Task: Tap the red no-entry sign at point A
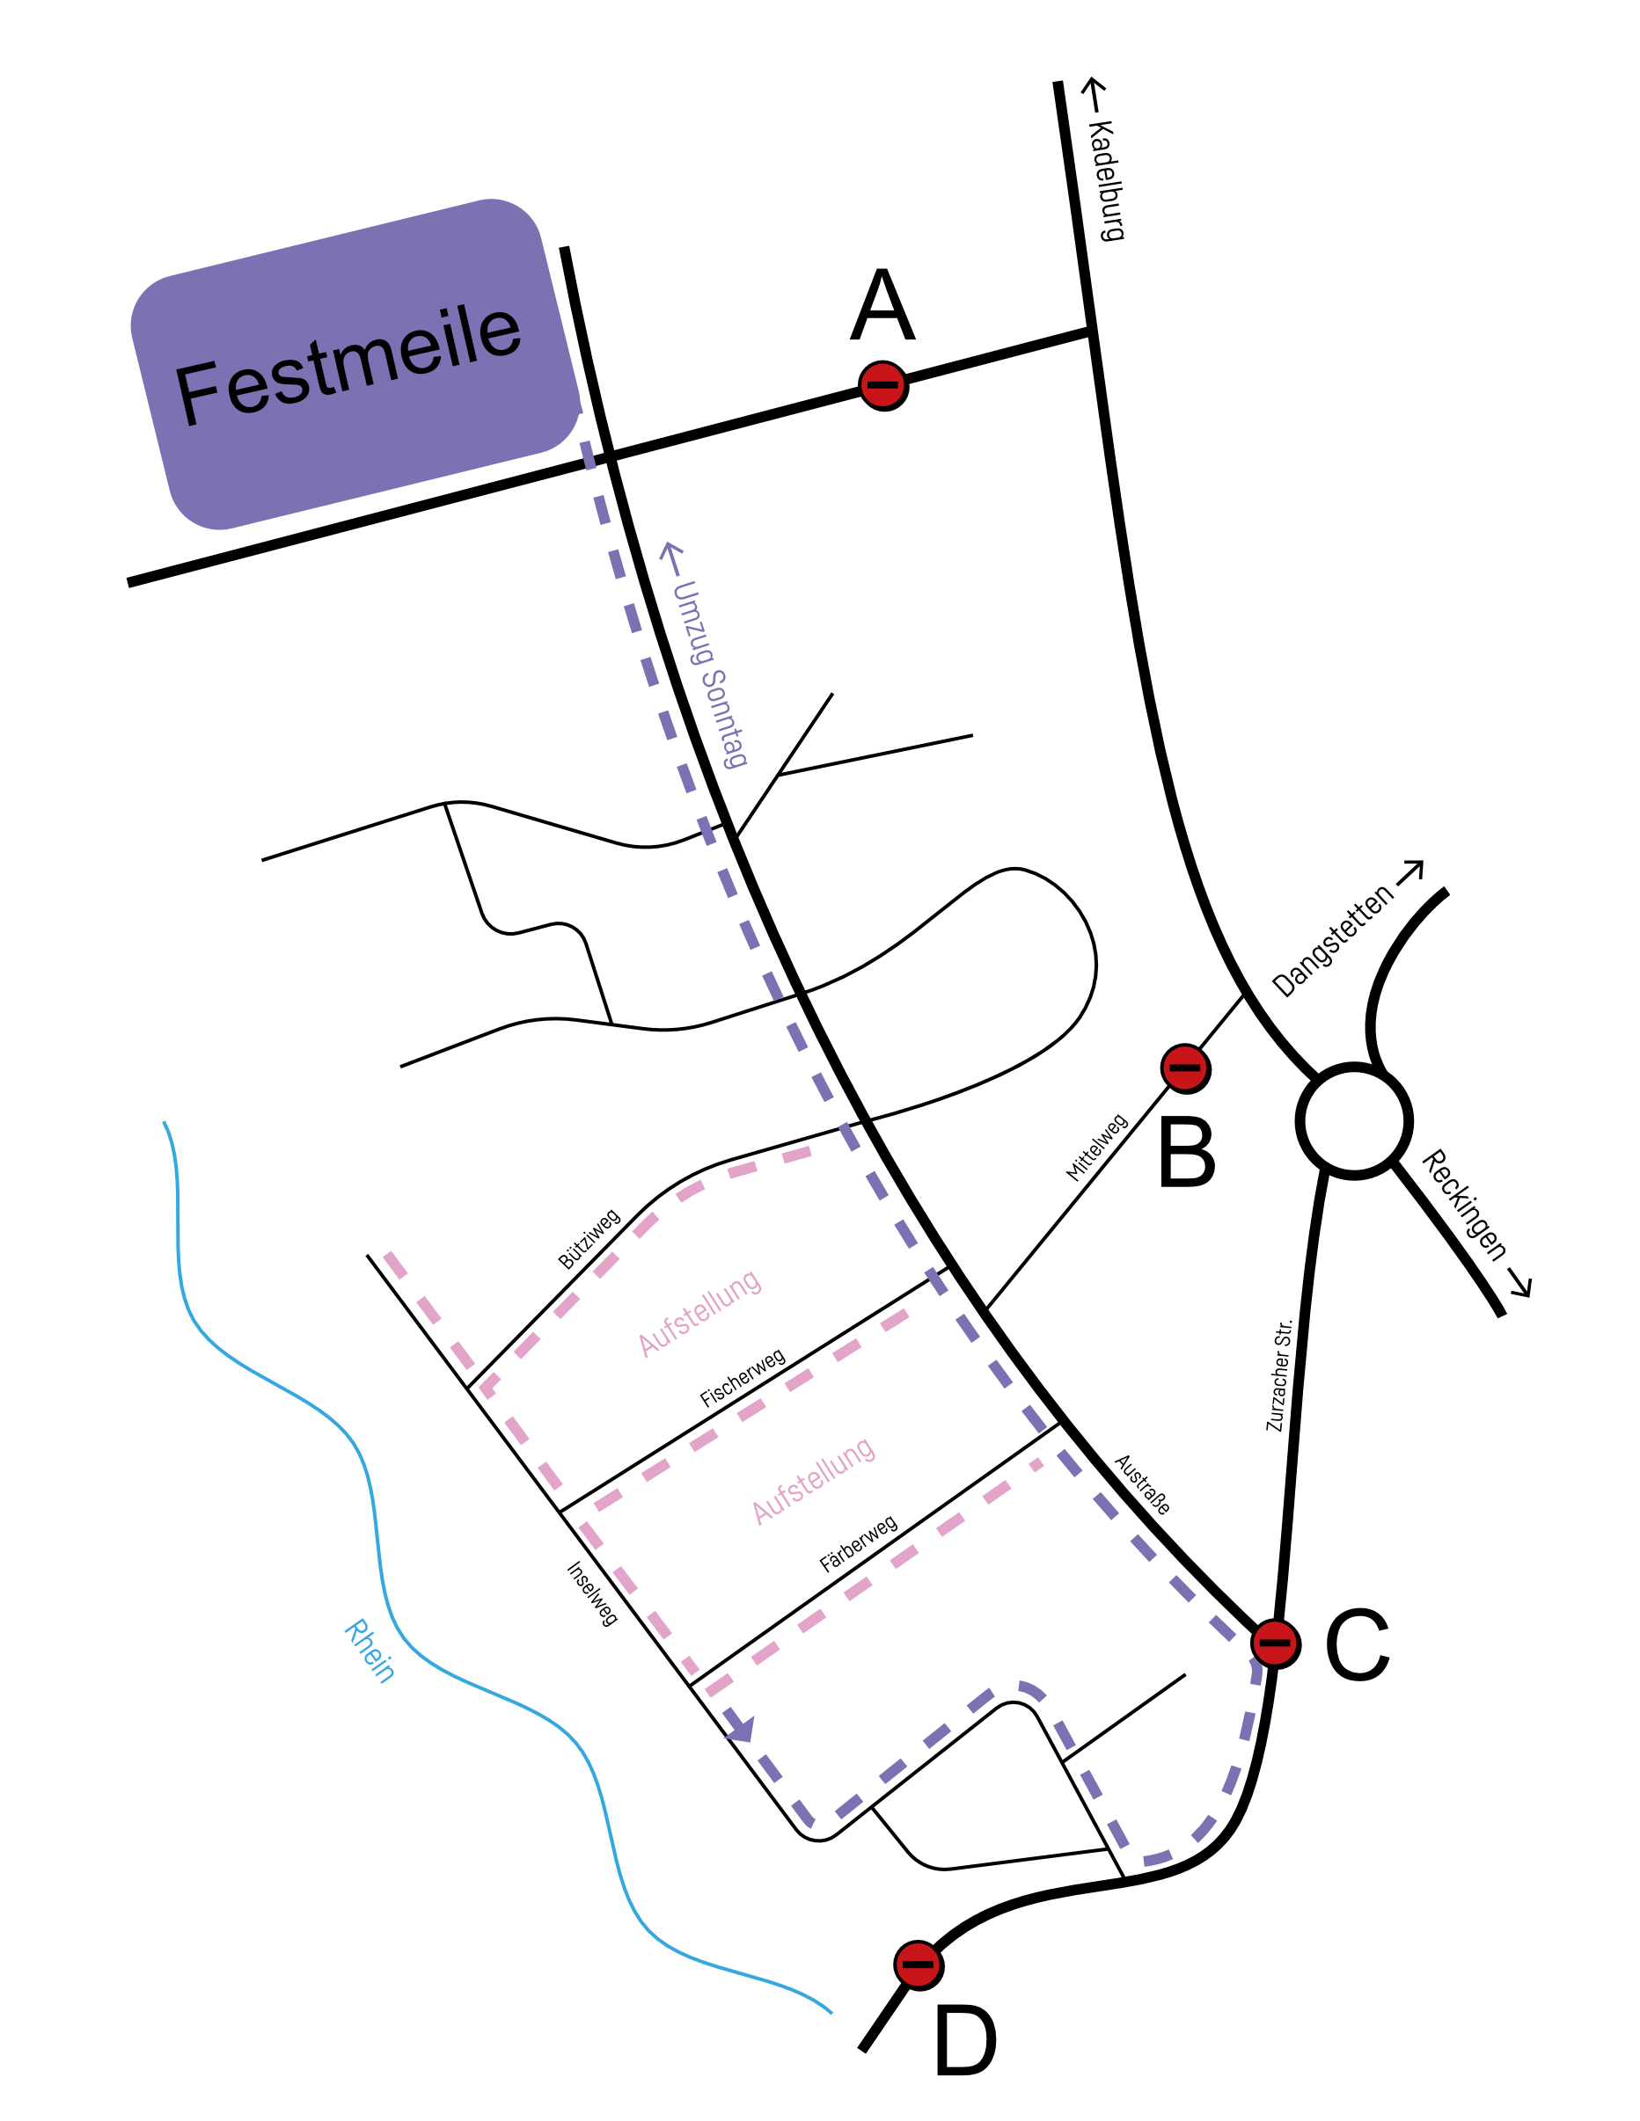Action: coord(883,385)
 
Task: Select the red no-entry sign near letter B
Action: coord(1185,1068)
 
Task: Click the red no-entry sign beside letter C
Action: coord(1275,1644)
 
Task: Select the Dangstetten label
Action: coord(1348,929)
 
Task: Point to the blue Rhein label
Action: coord(370,1650)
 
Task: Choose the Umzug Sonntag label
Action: coord(706,655)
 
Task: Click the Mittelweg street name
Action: coord(1097,1147)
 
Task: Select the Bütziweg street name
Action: coord(589,1239)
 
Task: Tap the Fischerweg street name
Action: coord(743,1378)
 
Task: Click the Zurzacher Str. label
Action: coord(1278,1374)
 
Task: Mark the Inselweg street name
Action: coord(591,1593)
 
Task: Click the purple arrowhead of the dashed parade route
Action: coord(743,1729)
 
